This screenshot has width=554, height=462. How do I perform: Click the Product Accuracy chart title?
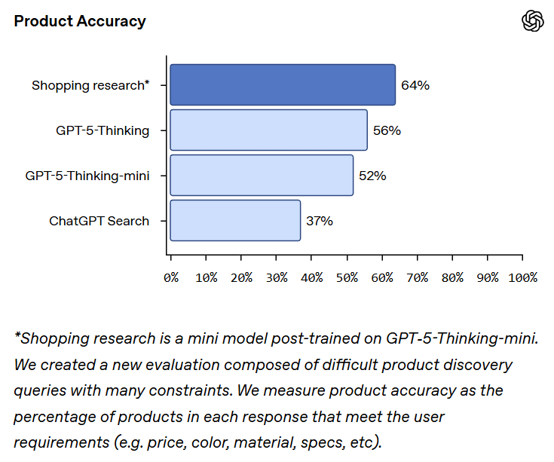tap(80, 21)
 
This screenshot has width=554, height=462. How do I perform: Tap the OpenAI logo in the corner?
tap(533, 21)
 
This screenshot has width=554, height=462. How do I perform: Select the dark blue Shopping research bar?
tap(283, 85)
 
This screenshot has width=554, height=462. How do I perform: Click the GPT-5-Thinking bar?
tap(268, 130)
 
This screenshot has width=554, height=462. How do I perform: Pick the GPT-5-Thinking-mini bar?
tap(262, 176)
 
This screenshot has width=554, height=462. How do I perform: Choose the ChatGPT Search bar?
tap(235, 221)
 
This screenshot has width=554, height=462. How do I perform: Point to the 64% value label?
tap(415, 85)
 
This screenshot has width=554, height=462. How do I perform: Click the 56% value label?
tap(387, 130)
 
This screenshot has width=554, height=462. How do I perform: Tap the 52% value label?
tap(372, 176)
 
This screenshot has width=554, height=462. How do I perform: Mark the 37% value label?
tap(320, 221)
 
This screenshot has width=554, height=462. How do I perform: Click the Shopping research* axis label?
tap(90, 85)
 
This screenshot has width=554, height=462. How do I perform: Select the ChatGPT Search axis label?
tap(99, 221)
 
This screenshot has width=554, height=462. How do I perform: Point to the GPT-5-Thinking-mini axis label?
tap(87, 176)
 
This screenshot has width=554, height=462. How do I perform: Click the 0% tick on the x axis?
tap(171, 277)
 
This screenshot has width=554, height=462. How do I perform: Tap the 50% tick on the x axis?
tap(347, 277)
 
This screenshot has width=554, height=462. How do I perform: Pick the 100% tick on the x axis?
tap(522, 277)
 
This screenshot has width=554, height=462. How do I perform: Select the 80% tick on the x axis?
tap(452, 277)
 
